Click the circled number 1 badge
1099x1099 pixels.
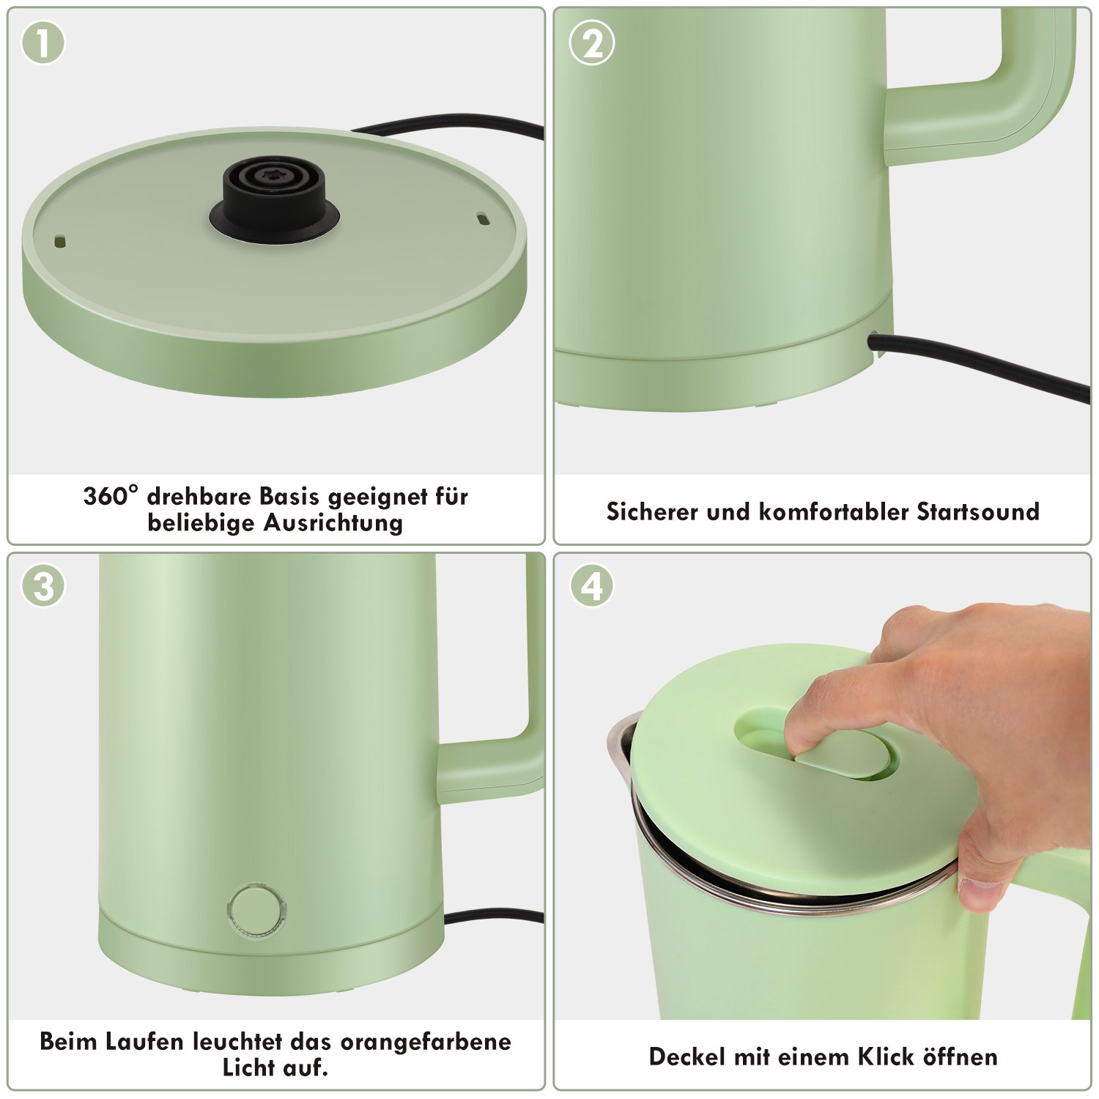pyautogui.click(x=43, y=42)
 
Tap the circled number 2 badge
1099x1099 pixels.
pyautogui.click(x=592, y=42)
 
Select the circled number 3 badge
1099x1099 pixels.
pyautogui.click(x=43, y=586)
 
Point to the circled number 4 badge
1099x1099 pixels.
pyautogui.click(x=592, y=586)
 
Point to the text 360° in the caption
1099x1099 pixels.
pyautogui.click(x=111, y=496)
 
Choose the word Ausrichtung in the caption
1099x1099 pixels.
pyautogui.click(x=333, y=523)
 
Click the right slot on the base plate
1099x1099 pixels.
pyautogui.click(x=482, y=218)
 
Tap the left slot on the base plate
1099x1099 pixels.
pyautogui.click(x=60, y=240)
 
